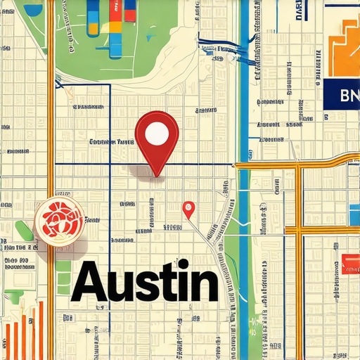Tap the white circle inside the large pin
(x=157, y=134)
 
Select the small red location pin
(x=188, y=209)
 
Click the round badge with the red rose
(x=59, y=221)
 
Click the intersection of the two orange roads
(x=299, y=166)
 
